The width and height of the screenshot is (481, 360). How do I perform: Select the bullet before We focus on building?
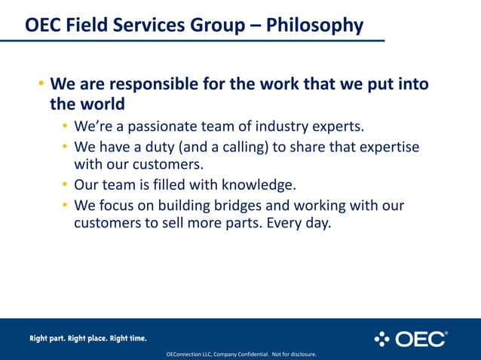point(66,206)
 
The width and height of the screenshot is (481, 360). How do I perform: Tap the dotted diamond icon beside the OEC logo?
point(382,339)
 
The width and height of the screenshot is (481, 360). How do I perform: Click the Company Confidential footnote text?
point(241,354)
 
